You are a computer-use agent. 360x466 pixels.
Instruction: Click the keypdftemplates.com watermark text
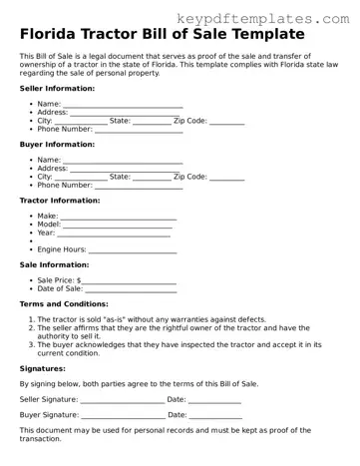tap(270, 17)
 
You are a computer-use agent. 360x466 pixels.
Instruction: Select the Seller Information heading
tap(58, 88)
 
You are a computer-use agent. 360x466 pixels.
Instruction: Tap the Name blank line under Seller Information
tap(123, 105)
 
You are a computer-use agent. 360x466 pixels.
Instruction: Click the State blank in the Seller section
tap(152, 121)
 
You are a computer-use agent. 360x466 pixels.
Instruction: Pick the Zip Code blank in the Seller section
tap(227, 121)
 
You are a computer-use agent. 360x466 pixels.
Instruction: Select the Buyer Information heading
tap(58, 144)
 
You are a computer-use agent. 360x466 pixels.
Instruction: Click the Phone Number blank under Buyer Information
tap(140, 185)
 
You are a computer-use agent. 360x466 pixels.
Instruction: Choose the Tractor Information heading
tap(61, 200)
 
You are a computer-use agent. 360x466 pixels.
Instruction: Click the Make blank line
tap(119, 216)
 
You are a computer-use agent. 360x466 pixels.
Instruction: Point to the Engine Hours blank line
tap(134, 248)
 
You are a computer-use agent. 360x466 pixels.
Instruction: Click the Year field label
tap(46, 232)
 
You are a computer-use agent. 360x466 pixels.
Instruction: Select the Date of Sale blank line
tap(131, 288)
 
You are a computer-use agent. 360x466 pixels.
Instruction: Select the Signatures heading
tap(43, 367)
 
